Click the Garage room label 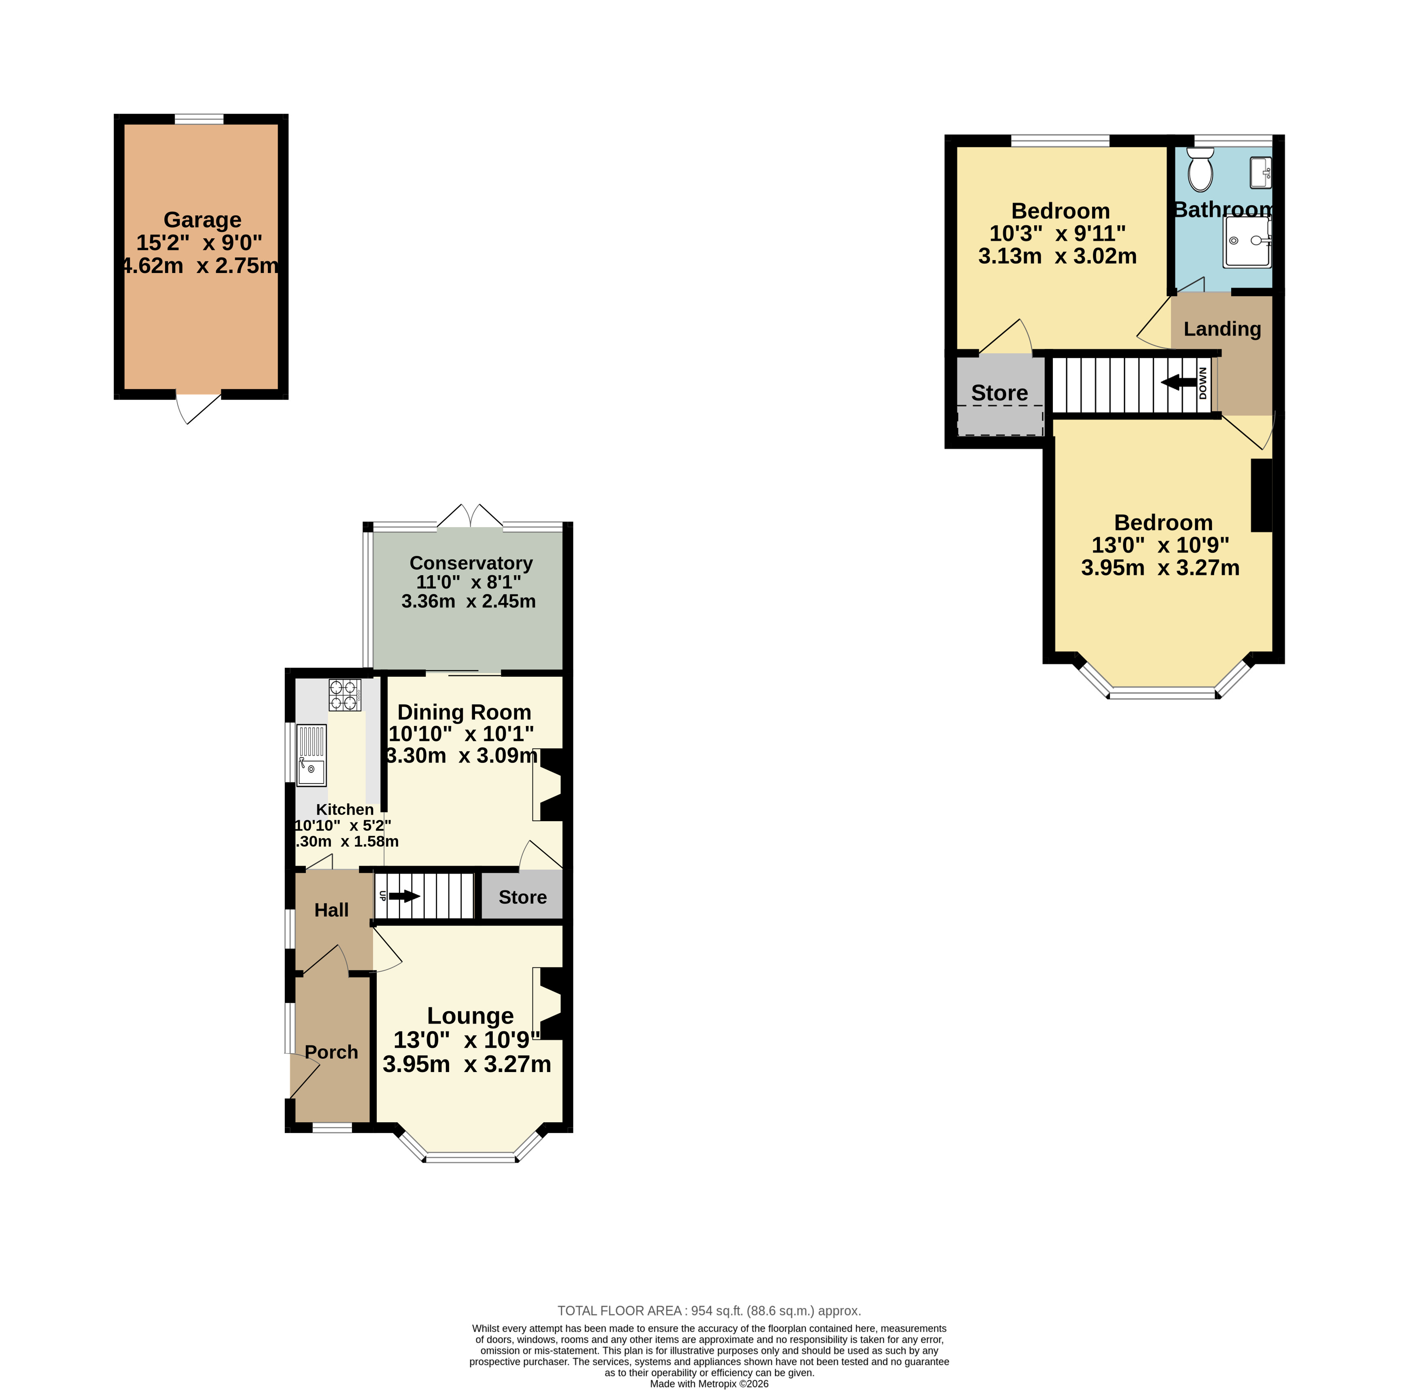tap(202, 220)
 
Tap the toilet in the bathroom tap(1201, 170)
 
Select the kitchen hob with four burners tap(345, 695)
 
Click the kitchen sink tap(311, 755)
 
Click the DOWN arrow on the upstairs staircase tap(1178, 382)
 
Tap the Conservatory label tap(471, 563)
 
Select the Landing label tap(1222, 329)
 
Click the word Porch tap(331, 1052)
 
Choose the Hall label tap(331, 910)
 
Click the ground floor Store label tap(523, 897)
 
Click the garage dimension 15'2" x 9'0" tap(199, 242)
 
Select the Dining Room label tap(465, 712)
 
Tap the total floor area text tap(709, 1310)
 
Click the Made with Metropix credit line tap(709, 1384)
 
